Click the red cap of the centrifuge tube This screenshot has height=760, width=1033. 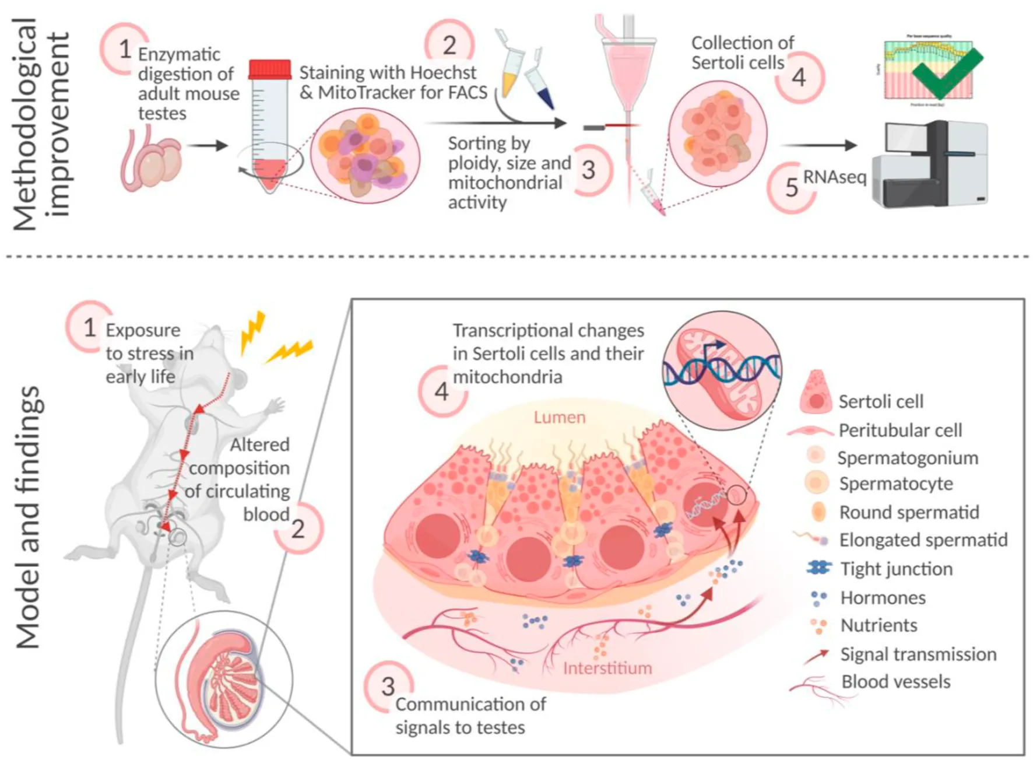click(x=270, y=70)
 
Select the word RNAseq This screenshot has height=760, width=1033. click(x=835, y=177)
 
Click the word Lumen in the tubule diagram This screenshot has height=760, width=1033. click(x=559, y=418)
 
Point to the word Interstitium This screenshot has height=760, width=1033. click(x=607, y=668)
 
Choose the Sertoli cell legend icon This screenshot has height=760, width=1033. click(x=816, y=392)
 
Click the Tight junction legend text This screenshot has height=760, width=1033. click(x=896, y=569)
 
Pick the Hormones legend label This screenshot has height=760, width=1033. click(x=883, y=598)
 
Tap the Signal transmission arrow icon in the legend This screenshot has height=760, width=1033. click(x=816, y=656)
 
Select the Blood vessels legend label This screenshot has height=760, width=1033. click(x=895, y=682)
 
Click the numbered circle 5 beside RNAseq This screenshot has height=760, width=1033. click(x=791, y=187)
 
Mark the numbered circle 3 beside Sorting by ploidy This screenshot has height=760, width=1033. click(x=589, y=170)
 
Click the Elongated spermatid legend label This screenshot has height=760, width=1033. click(x=923, y=540)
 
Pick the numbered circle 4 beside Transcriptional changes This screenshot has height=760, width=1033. click(x=442, y=391)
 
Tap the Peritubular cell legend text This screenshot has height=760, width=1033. click(x=900, y=430)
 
